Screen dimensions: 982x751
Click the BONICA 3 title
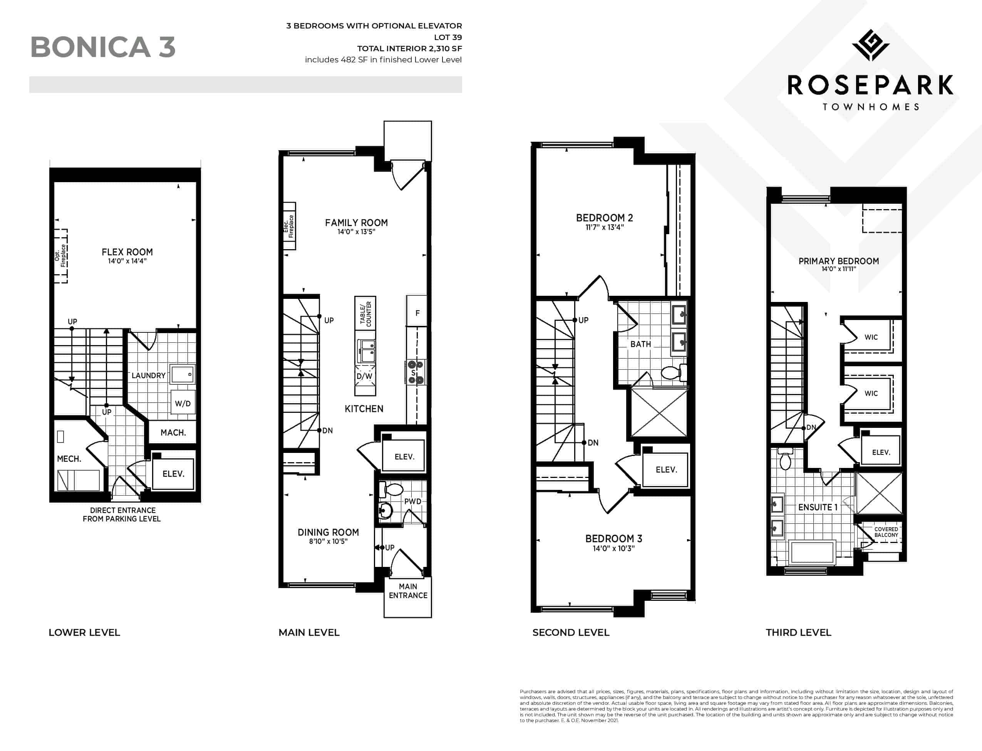[x=103, y=47]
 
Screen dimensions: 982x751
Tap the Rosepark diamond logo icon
[x=870, y=45]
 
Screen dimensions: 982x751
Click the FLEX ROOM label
[x=127, y=252]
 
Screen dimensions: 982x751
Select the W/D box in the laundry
[x=183, y=403]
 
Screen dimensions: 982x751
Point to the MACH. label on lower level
[x=173, y=433]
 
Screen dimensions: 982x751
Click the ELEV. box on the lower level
[x=173, y=473]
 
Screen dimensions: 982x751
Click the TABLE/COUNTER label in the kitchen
[x=365, y=313]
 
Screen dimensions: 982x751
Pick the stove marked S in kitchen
[x=415, y=372]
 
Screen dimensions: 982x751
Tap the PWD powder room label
[x=412, y=501]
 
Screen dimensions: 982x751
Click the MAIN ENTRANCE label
[x=408, y=590]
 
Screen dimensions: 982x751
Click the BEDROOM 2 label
[x=604, y=218]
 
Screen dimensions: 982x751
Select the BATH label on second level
[x=640, y=344]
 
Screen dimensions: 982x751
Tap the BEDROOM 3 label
[x=614, y=539]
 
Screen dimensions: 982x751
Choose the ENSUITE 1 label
[x=818, y=507]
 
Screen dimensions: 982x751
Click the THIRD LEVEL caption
[x=798, y=632]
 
